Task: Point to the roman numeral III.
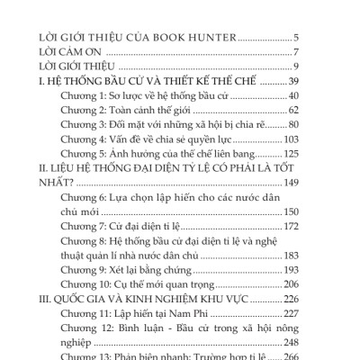point(37,324)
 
